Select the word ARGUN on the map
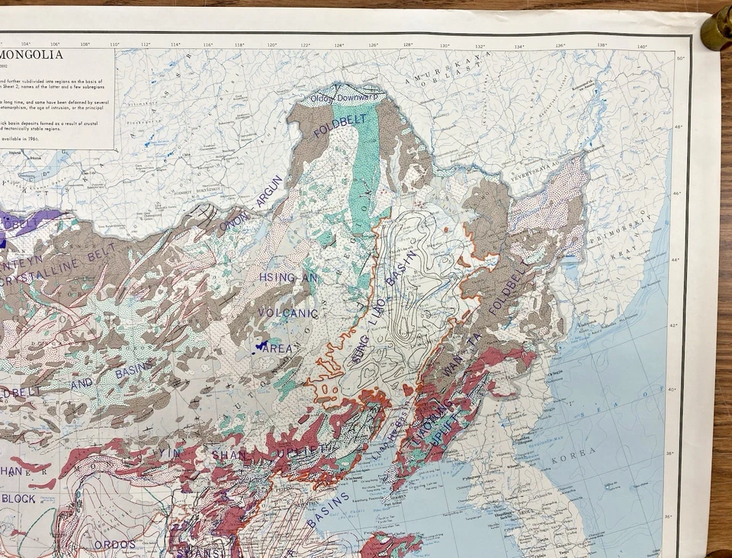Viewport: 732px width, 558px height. pyautogui.click(x=270, y=191)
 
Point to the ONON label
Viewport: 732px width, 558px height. pyautogui.click(x=234, y=221)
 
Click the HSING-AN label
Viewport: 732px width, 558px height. pyautogui.click(x=278, y=277)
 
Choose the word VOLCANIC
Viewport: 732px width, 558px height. pyautogui.click(x=287, y=313)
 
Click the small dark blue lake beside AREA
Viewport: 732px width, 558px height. pyautogui.click(x=262, y=345)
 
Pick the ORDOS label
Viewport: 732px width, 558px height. pyautogui.click(x=115, y=544)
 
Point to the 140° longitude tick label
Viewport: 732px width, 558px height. pyautogui.click(x=641, y=46)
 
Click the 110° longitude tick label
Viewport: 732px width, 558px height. pyautogui.click(x=114, y=44)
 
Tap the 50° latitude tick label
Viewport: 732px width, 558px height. pyautogui.click(x=681, y=58)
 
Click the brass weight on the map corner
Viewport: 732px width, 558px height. pyautogui.click(x=716, y=30)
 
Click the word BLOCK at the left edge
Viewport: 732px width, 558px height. pyautogui.click(x=19, y=499)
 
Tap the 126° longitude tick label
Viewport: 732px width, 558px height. pyautogui.click(x=374, y=45)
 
